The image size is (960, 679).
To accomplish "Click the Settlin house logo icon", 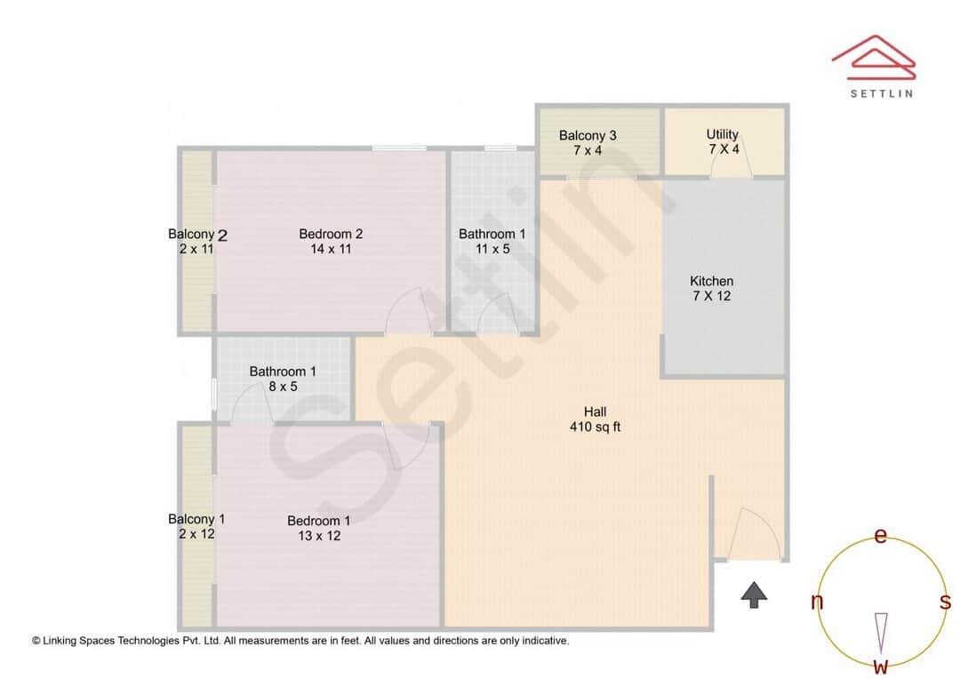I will [874, 55].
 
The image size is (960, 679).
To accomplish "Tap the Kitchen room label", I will [711, 281].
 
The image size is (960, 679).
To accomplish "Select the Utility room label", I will [723, 134].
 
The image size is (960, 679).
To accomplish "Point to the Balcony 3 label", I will [588, 136].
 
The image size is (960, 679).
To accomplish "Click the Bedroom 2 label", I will [331, 234].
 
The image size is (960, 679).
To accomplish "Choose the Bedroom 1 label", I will [318, 521].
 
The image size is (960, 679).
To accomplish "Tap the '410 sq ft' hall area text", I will [595, 427].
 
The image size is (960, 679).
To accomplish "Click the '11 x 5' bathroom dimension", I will [492, 249].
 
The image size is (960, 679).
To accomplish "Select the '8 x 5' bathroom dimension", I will [283, 387].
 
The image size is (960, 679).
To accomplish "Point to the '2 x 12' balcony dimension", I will [196, 534].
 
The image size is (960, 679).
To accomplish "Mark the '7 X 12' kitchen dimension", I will [711, 296].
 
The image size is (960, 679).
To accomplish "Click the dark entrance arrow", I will [754, 595].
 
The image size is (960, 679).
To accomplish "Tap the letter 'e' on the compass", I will [881, 536].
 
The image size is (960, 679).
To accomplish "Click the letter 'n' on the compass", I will [817, 603].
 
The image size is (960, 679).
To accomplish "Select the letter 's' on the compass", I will [945, 603].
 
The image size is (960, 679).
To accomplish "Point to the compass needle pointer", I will [881, 632].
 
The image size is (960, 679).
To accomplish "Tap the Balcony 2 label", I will [197, 235].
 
